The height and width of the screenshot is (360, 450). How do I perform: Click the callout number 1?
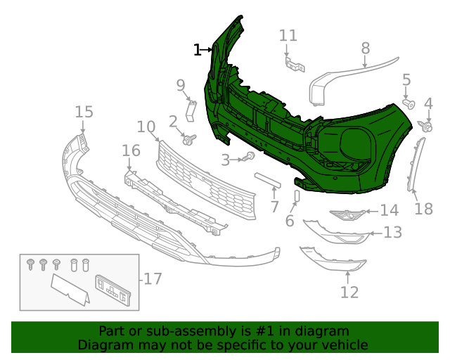pos(198,49)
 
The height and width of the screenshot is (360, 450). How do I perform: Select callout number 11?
pos(288,36)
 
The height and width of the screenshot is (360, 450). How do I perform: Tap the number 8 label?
pos(366,48)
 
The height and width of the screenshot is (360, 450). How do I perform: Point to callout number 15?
pos(84,112)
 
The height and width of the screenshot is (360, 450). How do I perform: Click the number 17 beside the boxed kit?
pos(153,279)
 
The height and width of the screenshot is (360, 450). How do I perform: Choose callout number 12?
pos(349,292)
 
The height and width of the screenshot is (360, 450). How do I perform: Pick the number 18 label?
pos(424,209)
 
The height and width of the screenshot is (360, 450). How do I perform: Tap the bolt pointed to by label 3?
pos(250,156)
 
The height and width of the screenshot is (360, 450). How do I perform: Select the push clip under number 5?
pos(408,104)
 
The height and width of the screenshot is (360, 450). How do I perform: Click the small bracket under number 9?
pos(190,111)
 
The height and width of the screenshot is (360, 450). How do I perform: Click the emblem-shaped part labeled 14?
pos(347,214)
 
